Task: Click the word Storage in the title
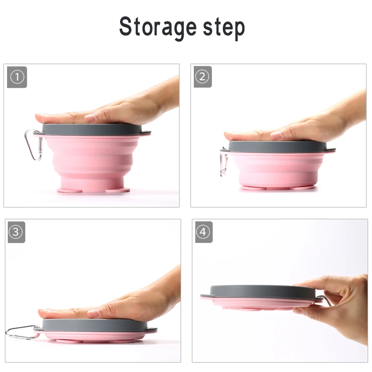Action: coord(158,26)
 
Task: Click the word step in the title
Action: coord(224,28)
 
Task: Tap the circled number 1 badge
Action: coord(17,77)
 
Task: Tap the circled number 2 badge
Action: coord(203,77)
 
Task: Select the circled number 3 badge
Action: coord(16,232)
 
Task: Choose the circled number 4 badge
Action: coord(204,232)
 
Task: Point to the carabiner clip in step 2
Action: coord(224,161)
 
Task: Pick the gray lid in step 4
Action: coord(259,292)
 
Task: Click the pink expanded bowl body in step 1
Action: coord(93,161)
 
